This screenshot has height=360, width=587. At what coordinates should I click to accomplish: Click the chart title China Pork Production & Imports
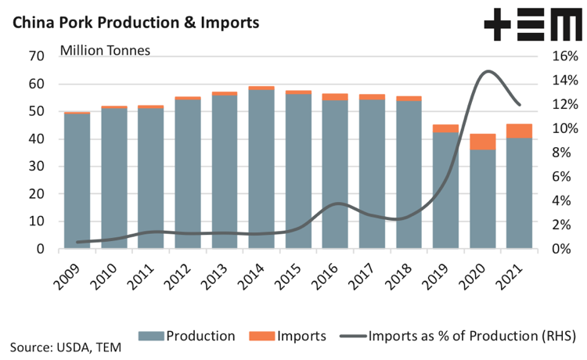[x=135, y=22]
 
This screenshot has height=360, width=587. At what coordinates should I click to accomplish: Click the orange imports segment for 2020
[x=483, y=141]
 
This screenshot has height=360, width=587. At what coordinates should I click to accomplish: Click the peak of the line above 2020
[x=488, y=71]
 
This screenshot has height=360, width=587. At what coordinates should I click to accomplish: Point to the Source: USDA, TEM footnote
[x=66, y=347]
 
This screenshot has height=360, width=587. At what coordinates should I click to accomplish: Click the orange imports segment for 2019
[x=446, y=128]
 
